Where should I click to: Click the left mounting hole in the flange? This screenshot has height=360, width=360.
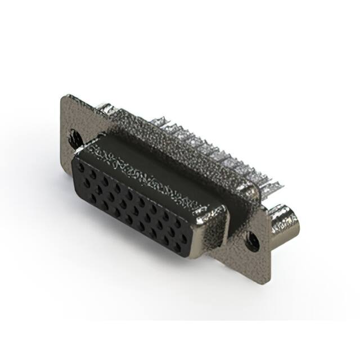tap(74, 136)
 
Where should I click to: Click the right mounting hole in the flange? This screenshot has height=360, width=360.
tap(253, 242)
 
